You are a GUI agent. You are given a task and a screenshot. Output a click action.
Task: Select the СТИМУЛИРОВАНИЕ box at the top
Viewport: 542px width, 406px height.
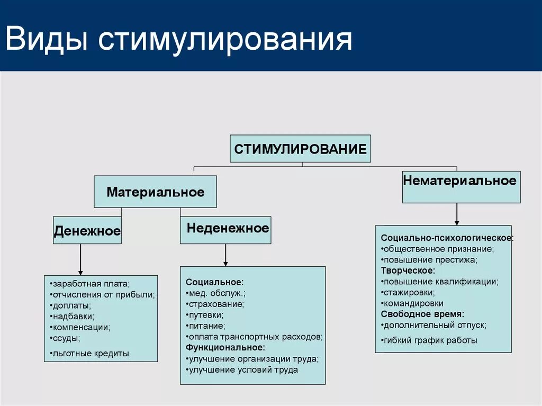[300, 149]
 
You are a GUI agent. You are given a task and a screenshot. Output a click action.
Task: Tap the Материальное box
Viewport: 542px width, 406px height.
[155, 192]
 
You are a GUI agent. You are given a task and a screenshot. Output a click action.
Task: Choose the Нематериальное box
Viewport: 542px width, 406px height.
[460, 187]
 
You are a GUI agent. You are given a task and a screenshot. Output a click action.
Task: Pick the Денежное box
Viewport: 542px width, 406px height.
[87, 231]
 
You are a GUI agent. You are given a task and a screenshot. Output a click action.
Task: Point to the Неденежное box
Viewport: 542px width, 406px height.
[225, 230]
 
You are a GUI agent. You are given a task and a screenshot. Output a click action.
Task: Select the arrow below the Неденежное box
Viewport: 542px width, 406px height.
[225, 255]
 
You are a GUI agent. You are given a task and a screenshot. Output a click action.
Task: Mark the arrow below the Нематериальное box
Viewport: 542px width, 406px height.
[456, 214]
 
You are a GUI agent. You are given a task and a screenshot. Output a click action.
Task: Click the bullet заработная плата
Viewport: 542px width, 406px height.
[91, 284]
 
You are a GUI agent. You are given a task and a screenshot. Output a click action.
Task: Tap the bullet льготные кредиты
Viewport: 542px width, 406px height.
[91, 353]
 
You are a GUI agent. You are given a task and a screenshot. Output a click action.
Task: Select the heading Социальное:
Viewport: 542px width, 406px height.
[214, 282]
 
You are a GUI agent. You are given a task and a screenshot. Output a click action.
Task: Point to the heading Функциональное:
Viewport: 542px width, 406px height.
[225, 347]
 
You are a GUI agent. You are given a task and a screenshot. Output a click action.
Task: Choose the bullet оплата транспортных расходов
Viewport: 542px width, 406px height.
[254, 337]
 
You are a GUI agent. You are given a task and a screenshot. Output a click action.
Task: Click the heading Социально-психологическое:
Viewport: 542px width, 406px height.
[447, 238]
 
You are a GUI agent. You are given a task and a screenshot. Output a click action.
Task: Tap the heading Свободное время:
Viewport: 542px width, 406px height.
[422, 314]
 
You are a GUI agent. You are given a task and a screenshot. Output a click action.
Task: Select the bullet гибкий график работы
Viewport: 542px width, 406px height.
[429, 340]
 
